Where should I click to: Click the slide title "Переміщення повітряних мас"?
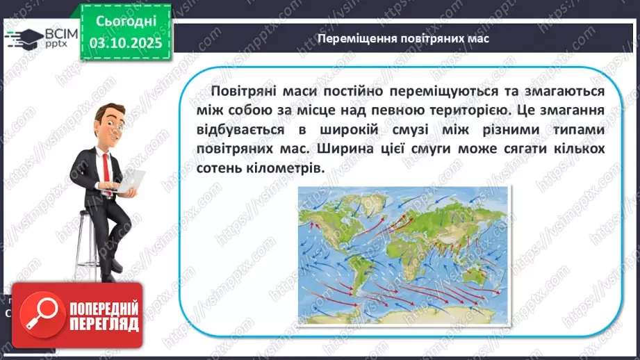click(x=402, y=38)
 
